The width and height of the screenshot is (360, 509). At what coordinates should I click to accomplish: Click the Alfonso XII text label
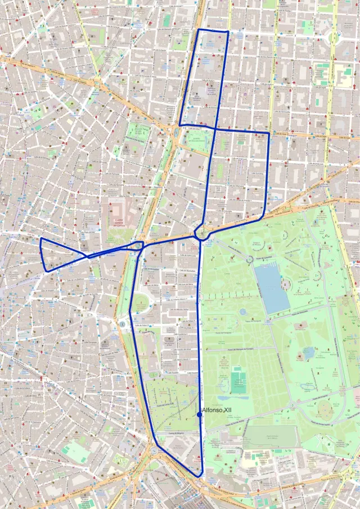pyautogui.click(x=217, y=410)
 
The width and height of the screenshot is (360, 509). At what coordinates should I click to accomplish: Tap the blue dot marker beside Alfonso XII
pyautogui.click(x=200, y=415)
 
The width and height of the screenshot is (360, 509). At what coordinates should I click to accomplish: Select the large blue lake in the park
pyautogui.click(x=272, y=288)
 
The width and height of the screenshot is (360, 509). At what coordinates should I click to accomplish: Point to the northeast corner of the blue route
pyautogui.click(x=227, y=32)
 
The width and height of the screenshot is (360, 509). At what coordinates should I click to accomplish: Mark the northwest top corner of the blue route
pyautogui.click(x=199, y=29)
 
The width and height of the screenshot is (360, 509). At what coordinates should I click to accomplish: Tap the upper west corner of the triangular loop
pyautogui.click(x=41, y=238)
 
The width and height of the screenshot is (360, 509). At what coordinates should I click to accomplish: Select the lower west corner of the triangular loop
pyautogui.click(x=47, y=271)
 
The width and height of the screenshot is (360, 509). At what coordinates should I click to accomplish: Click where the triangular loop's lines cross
pyautogui.click(x=88, y=256)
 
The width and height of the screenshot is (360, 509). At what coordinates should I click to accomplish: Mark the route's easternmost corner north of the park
pyautogui.click(x=269, y=134)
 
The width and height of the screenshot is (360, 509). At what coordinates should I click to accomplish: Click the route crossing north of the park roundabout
pyautogui.click(x=215, y=128)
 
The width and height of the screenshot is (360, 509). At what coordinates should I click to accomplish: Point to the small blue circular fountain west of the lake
pyautogui.click(x=243, y=311)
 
